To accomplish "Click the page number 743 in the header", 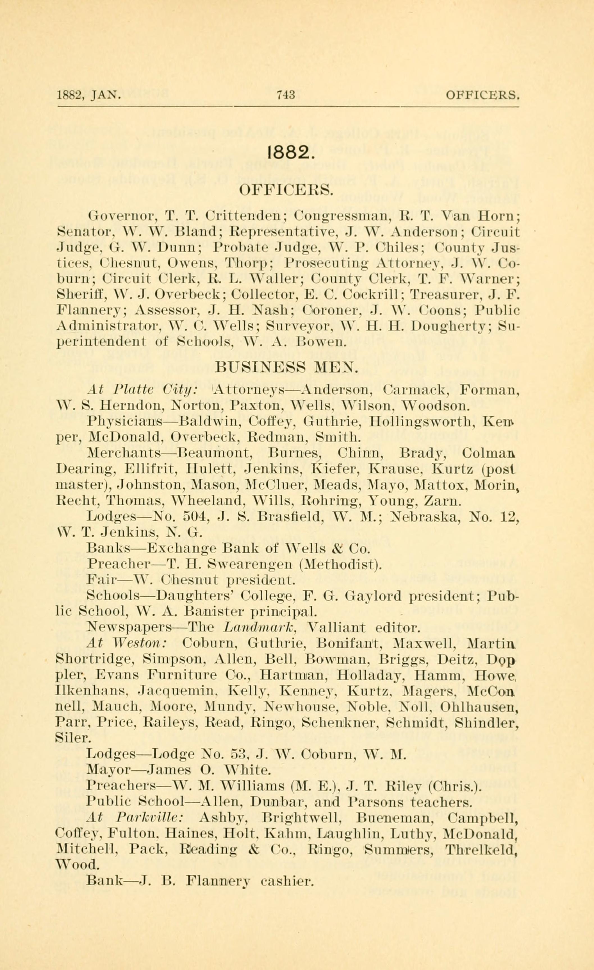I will tap(286, 95).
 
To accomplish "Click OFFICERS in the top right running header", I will tap(483, 95).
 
